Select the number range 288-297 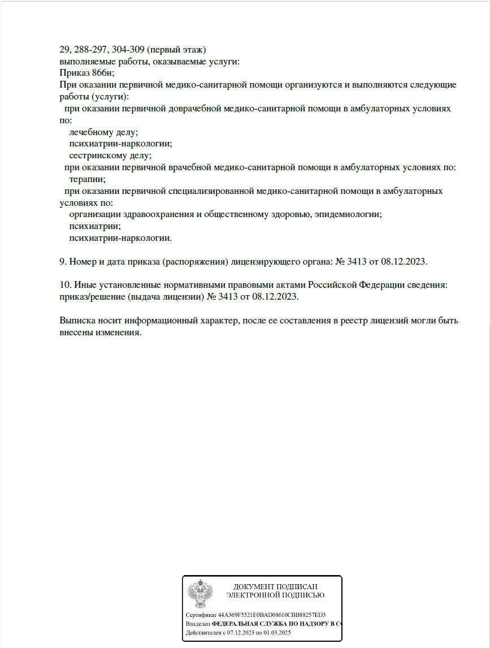92,49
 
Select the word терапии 87,179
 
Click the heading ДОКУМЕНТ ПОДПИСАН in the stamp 275,586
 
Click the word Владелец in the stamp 198,624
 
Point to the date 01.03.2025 279,632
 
